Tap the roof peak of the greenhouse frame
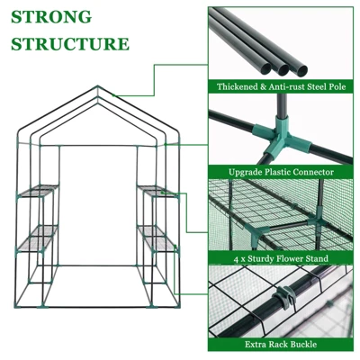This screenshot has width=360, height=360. [x=94, y=87]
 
